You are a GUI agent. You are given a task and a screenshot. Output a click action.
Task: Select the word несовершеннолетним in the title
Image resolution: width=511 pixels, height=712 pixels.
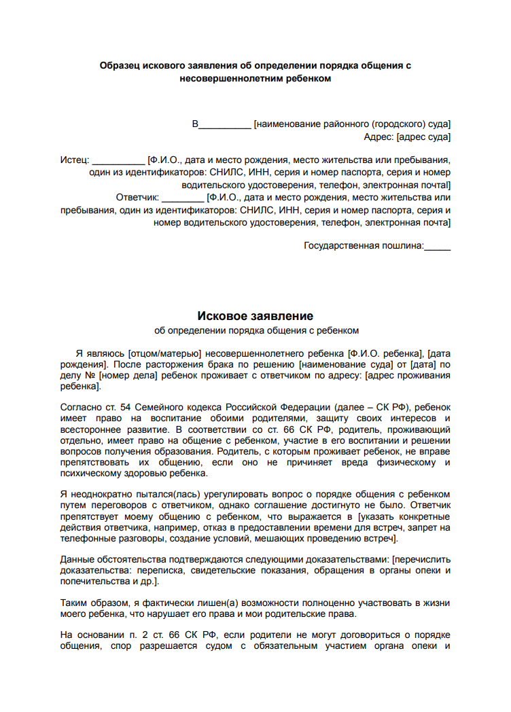[228, 78]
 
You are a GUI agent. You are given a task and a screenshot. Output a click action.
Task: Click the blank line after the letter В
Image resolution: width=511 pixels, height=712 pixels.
[224, 125]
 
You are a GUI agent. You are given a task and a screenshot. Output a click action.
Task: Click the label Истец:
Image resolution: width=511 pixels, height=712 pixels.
[74, 160]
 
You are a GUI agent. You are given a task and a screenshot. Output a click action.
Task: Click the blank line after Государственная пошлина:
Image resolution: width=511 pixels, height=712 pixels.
[437, 247]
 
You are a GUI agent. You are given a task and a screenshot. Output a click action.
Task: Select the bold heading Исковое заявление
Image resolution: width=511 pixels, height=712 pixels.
[255, 316]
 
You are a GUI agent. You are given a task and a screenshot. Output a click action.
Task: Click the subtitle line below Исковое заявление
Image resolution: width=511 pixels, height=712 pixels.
[255, 331]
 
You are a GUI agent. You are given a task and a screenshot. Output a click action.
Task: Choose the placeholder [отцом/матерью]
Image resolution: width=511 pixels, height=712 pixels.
[164, 353]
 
